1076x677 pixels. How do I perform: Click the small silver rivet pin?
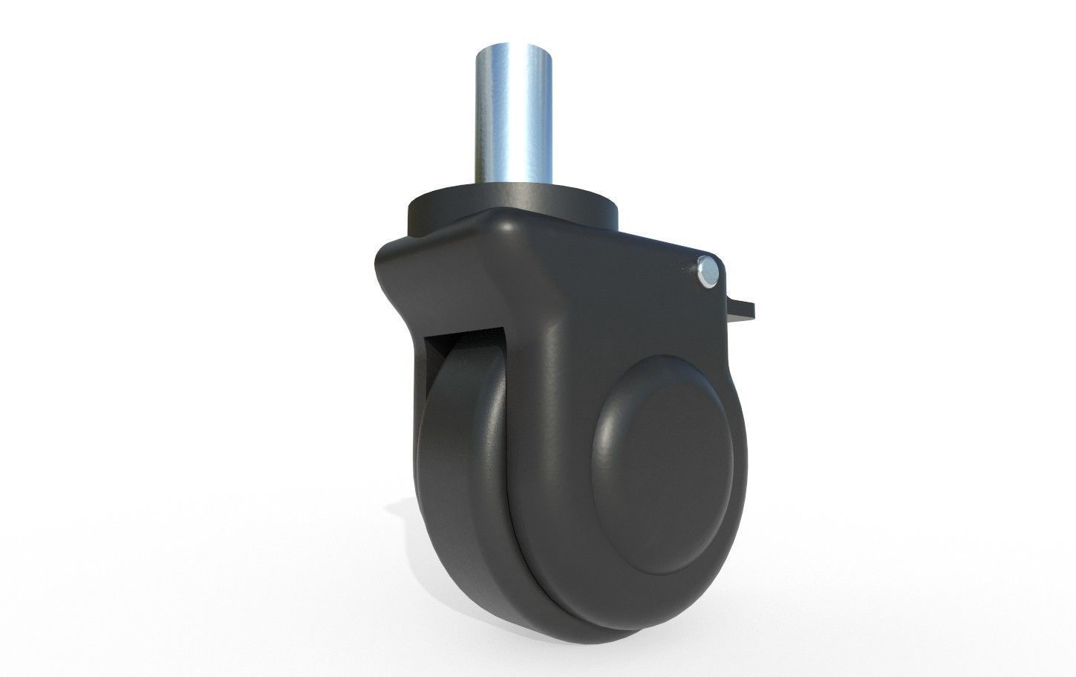[x=709, y=272]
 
